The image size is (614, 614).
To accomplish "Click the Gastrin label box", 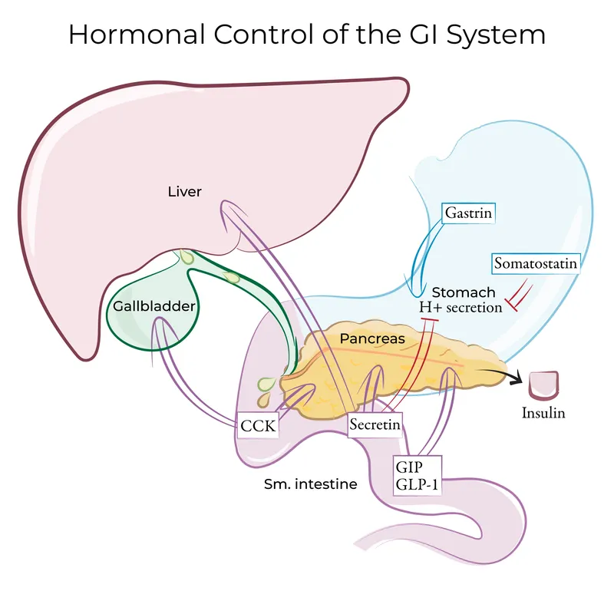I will point(467,213).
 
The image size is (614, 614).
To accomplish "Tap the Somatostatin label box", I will point(535,264).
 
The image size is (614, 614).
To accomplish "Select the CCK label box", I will point(257,424).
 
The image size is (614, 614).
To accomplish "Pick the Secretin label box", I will point(375,424).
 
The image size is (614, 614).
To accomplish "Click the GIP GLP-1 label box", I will point(418,475).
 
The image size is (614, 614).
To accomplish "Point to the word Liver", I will point(184,191).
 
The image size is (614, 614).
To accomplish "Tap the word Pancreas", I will point(372,337).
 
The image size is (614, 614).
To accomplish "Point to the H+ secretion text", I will point(460,307).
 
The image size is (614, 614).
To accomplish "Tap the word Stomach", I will point(463,292).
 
